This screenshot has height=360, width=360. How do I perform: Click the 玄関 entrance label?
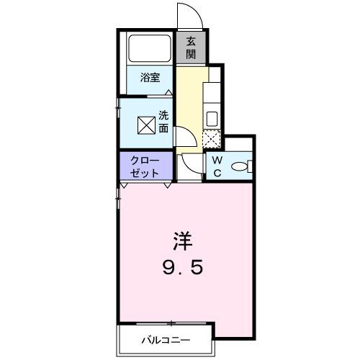(191, 48)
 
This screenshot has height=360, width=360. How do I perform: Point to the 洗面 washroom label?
(163, 122)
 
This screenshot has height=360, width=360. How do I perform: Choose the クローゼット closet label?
(145, 167)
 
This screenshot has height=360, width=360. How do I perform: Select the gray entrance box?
(191, 48)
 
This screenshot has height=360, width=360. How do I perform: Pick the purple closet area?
(146, 166)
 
